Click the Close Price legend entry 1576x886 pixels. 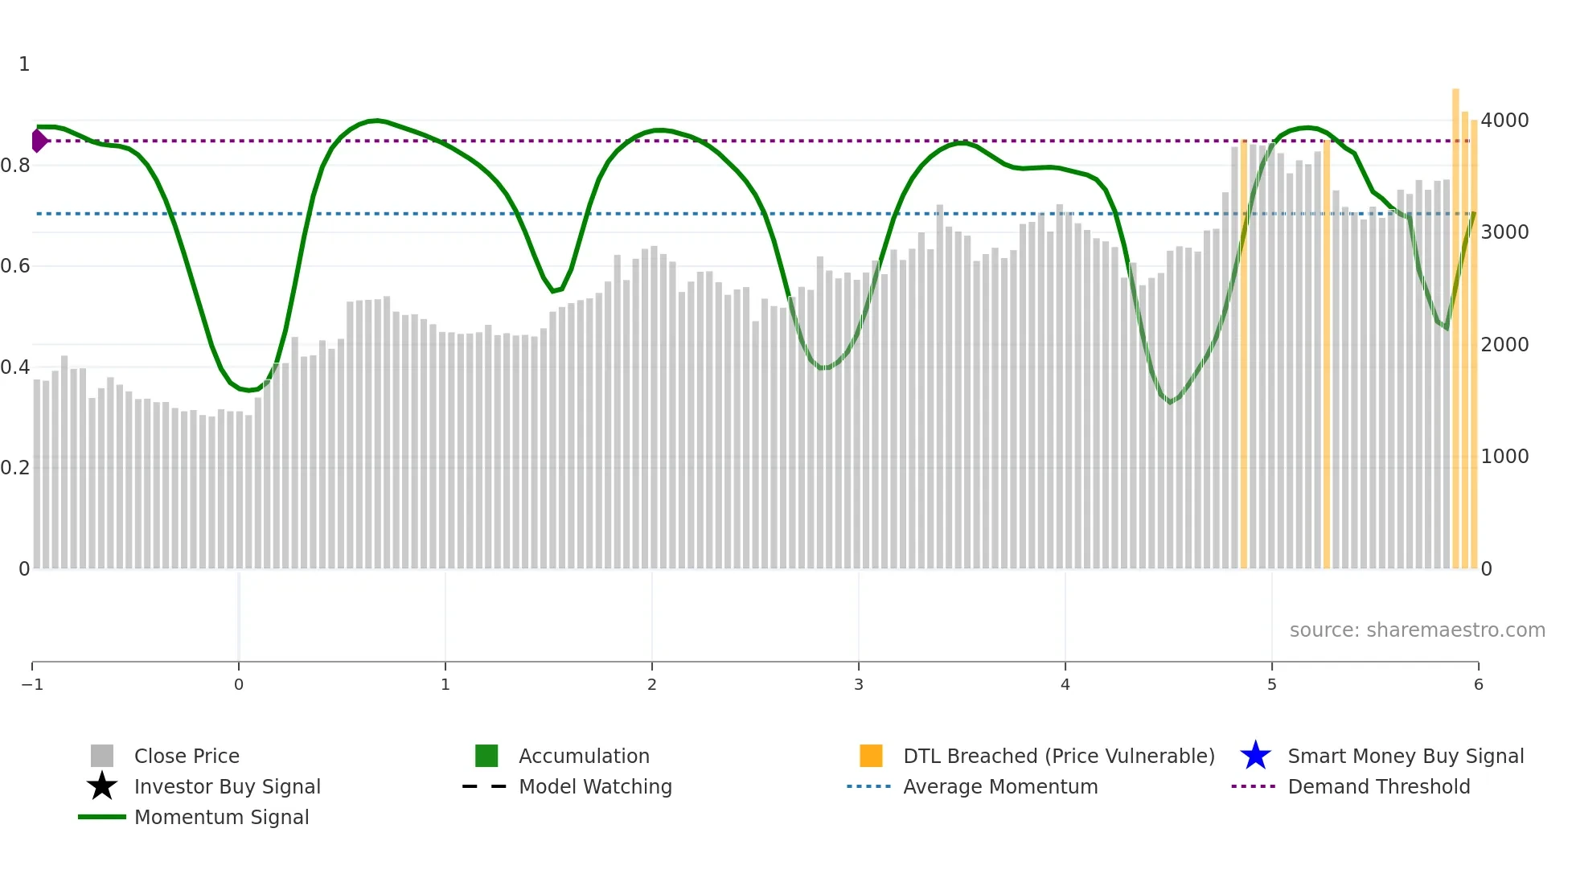click(x=186, y=756)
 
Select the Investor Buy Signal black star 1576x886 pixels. click(x=102, y=786)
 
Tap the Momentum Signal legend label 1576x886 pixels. click(x=221, y=817)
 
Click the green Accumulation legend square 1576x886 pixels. click(x=486, y=756)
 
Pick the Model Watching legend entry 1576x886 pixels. click(x=594, y=786)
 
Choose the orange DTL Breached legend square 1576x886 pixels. click(x=871, y=756)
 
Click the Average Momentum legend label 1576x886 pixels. click(x=999, y=786)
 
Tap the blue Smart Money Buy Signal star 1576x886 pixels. click(x=1255, y=756)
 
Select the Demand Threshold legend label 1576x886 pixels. click(x=1378, y=786)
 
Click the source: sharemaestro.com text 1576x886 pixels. click(x=1417, y=630)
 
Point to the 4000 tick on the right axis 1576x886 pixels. click(x=1504, y=121)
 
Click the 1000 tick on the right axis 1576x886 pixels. click(x=1504, y=457)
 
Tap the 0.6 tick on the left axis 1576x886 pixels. click(x=15, y=266)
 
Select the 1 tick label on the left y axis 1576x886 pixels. click(x=24, y=64)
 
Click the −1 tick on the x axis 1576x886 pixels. click(x=32, y=684)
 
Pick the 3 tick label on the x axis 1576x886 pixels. click(x=859, y=684)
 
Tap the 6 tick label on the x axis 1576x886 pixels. click(x=1478, y=684)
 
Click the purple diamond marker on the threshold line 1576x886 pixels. click(x=39, y=141)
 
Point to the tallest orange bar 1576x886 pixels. click(x=1455, y=322)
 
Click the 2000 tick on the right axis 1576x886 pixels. click(x=1504, y=345)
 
